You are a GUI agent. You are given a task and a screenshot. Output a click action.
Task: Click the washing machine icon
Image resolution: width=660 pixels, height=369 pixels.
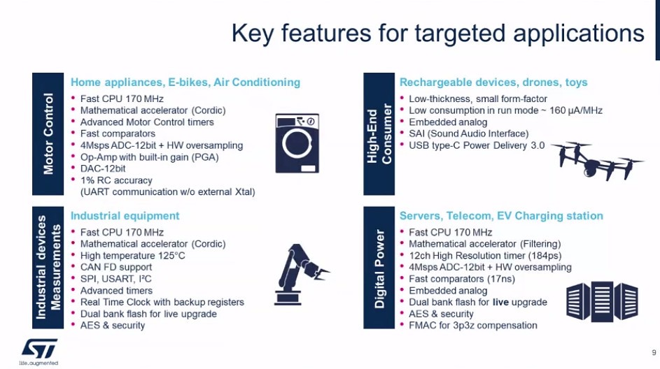point(297,143)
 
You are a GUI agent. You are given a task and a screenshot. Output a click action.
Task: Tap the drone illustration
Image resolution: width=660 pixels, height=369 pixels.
point(598,161)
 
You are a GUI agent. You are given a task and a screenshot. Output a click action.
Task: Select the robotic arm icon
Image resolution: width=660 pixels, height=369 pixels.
point(300,274)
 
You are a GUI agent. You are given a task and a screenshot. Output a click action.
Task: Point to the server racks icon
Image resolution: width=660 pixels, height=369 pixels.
point(602,301)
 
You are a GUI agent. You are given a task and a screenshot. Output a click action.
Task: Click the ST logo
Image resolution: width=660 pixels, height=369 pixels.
point(39,349)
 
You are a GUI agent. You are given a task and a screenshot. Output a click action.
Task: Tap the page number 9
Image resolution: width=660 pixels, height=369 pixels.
point(654,352)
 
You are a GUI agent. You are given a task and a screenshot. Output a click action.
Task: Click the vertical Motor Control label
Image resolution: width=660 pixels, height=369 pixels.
point(48,133)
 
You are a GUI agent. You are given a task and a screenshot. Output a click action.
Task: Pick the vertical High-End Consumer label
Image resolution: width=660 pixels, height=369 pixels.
point(379,133)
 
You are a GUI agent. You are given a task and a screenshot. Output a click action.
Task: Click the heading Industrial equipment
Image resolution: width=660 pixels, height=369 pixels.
point(125,216)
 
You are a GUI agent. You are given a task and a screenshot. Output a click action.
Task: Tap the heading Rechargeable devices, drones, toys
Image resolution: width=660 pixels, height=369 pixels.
point(493,82)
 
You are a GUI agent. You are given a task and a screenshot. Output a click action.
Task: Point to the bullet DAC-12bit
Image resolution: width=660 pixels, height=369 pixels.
point(103,168)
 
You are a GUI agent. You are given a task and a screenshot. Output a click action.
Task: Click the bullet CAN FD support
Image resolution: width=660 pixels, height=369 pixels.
point(116,267)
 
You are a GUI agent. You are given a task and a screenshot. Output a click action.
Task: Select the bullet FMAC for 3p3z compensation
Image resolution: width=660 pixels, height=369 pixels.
point(472,325)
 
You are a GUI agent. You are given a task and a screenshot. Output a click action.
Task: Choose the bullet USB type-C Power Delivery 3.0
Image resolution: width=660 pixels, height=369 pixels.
point(477,145)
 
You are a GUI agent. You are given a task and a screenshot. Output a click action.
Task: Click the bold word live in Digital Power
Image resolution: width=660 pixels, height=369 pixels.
point(500,302)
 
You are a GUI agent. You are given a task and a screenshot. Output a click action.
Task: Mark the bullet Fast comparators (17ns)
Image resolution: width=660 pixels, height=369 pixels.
point(462,279)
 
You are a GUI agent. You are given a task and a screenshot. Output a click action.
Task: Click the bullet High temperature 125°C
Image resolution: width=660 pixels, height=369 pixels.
point(132,256)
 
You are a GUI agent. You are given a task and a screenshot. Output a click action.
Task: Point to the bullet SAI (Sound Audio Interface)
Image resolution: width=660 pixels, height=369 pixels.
point(468,133)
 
